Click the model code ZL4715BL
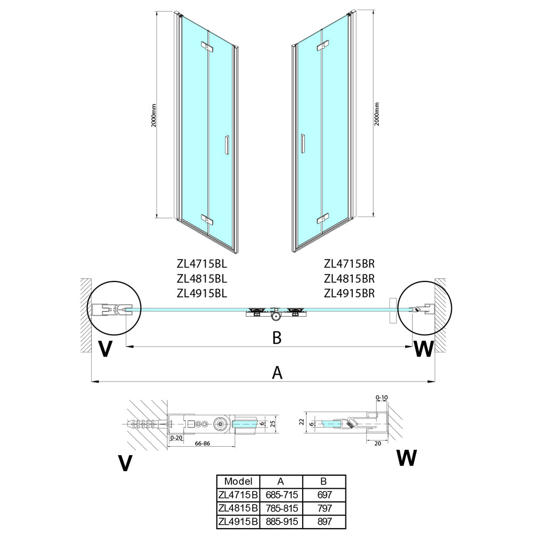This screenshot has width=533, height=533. pyautogui.click(x=201, y=263)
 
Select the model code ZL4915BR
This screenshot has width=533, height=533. pyautogui.click(x=349, y=293)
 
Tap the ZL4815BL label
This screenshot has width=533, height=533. pyautogui.click(x=201, y=278)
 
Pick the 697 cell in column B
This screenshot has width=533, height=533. pyautogui.click(x=324, y=495)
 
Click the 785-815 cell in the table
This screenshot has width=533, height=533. pyautogui.click(x=281, y=508)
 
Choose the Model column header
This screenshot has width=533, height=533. pyautogui.click(x=238, y=481)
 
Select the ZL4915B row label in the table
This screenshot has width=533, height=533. pyautogui.click(x=238, y=521)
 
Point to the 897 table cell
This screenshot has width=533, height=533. pyautogui.click(x=324, y=521)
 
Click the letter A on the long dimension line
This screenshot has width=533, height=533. pyautogui.click(x=277, y=373)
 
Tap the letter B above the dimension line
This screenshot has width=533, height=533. pyautogui.click(x=277, y=338)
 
